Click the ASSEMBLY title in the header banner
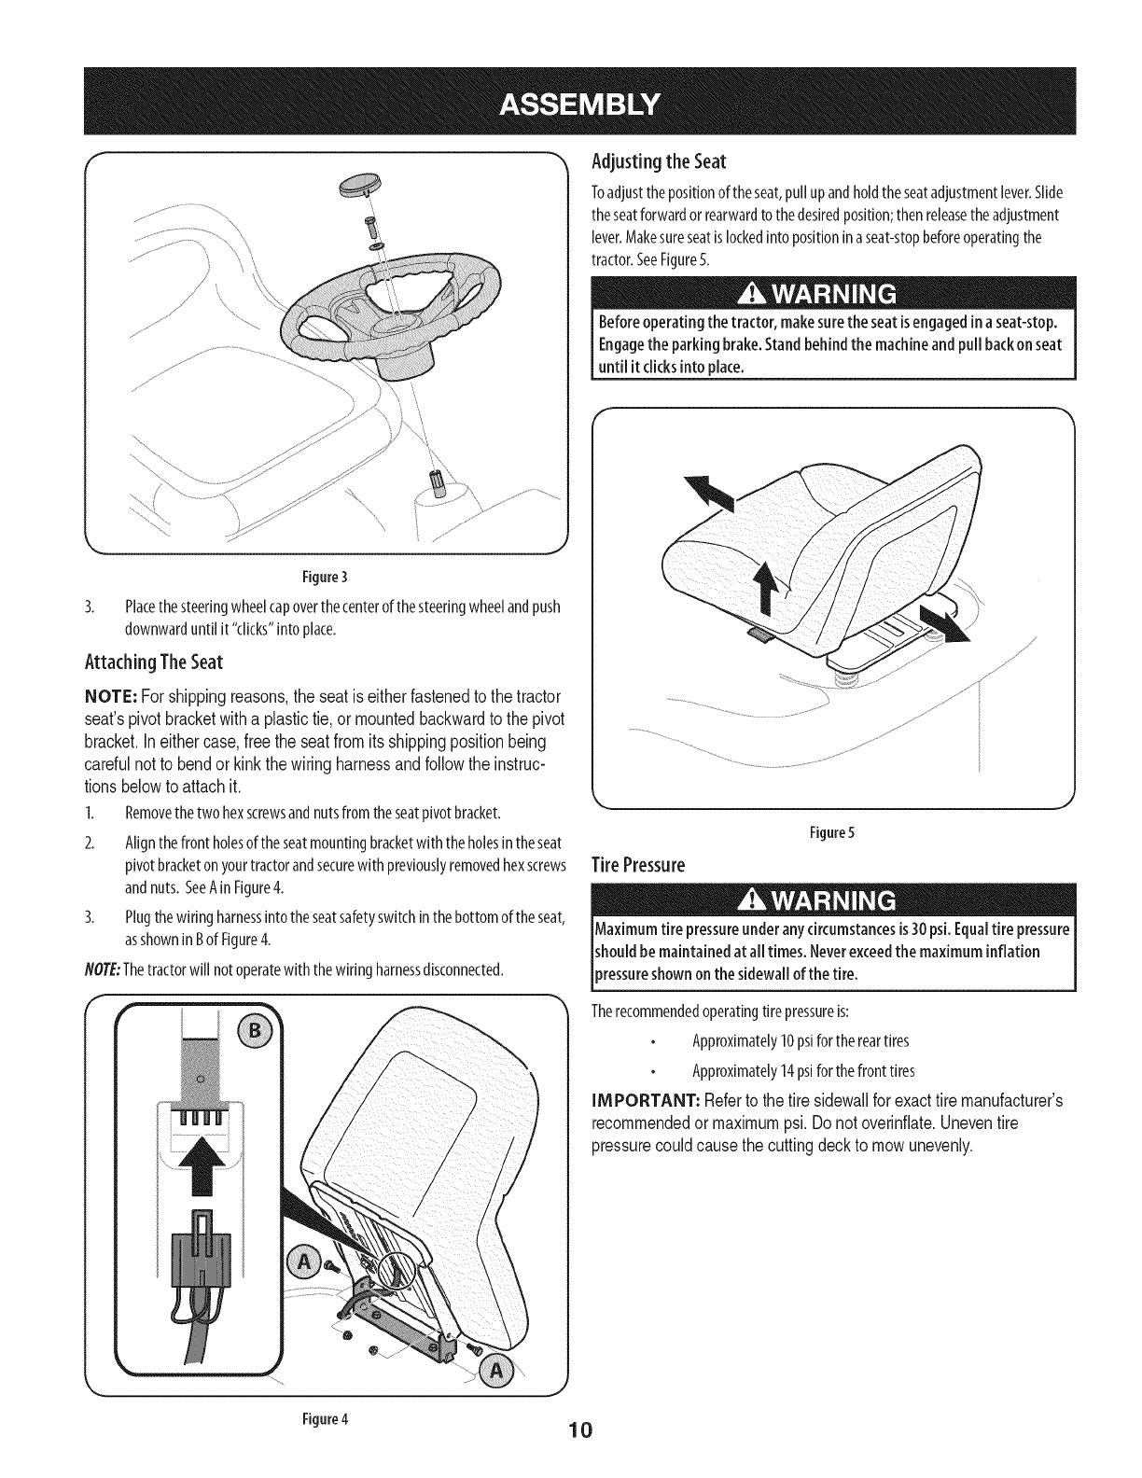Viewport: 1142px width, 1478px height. (x=570, y=101)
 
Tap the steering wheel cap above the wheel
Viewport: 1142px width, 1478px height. (x=366, y=189)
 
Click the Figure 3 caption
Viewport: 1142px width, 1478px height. (x=327, y=574)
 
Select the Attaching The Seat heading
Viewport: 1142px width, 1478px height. (x=151, y=662)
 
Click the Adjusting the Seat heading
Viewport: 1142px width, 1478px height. (x=659, y=160)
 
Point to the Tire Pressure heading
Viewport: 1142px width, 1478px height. (x=639, y=865)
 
